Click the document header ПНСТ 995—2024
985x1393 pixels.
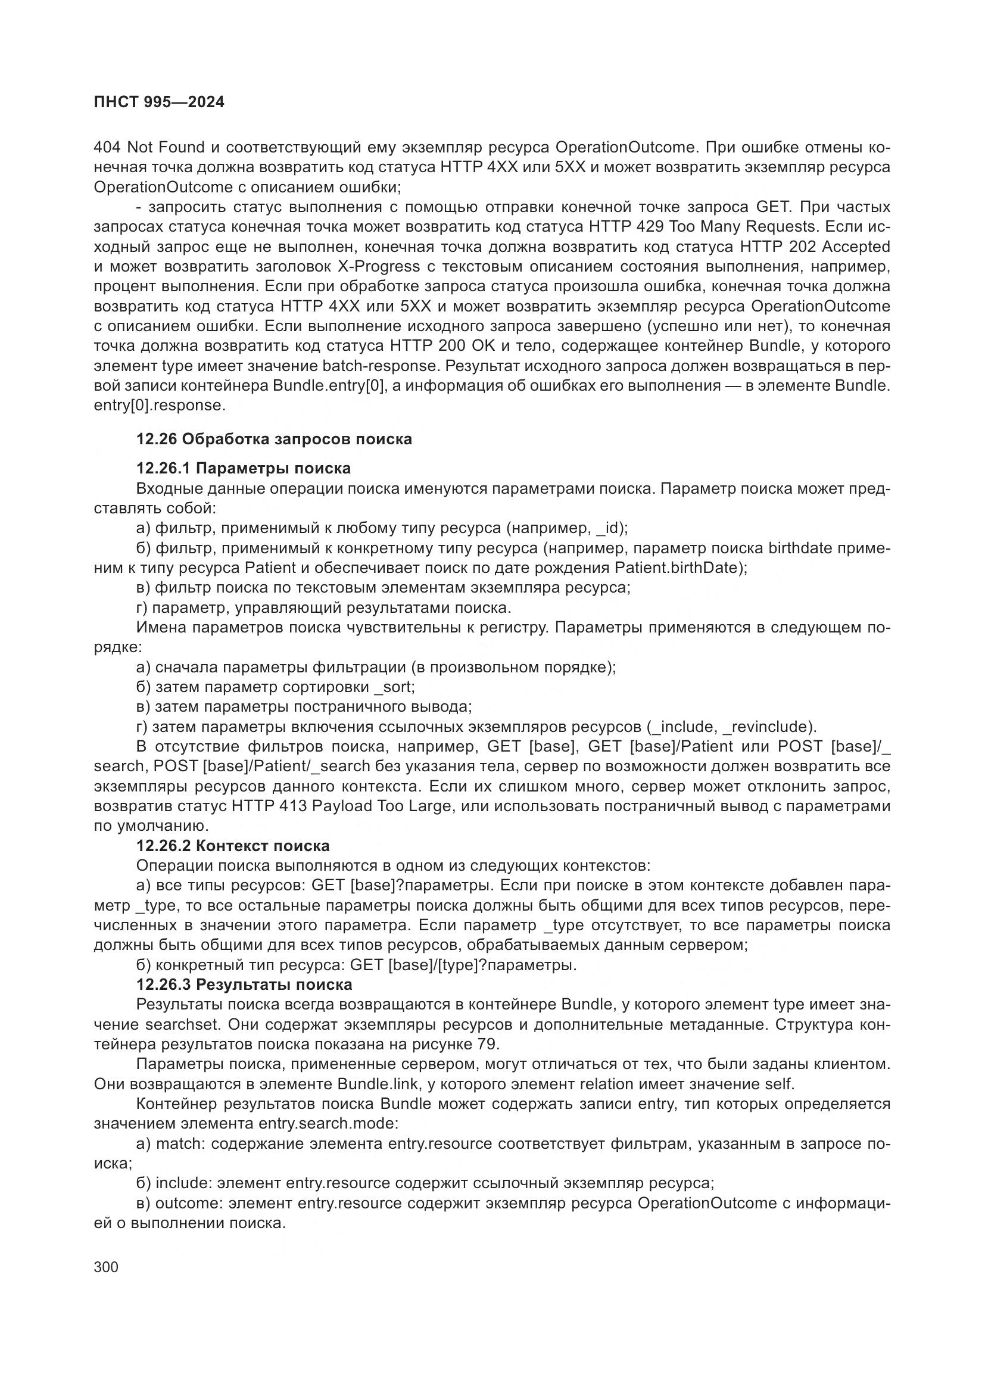(159, 102)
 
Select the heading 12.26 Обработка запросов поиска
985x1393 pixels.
(273, 440)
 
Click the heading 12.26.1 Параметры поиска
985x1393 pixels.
(243, 468)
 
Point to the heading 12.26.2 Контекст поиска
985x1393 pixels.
(233, 846)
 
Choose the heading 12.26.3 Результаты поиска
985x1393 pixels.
(244, 984)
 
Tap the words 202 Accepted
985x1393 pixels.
(840, 247)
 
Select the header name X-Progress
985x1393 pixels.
(378, 266)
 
